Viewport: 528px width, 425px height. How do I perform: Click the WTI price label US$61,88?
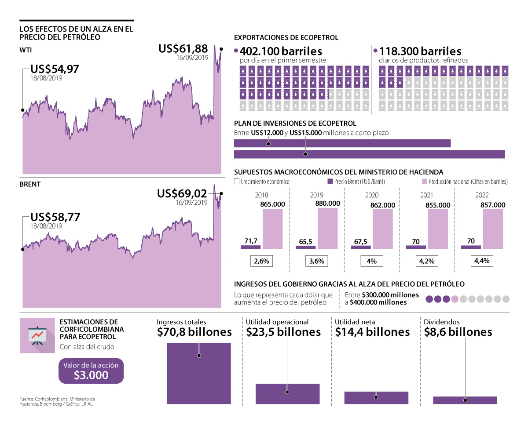[183, 49]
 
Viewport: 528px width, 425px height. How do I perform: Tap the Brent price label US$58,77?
[55, 217]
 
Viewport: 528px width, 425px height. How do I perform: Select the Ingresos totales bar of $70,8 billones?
[199, 373]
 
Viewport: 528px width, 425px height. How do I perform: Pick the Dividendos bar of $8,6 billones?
[465, 400]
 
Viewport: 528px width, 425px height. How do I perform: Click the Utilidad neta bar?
[376, 397]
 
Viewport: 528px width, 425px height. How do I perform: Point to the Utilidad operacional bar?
[287, 393]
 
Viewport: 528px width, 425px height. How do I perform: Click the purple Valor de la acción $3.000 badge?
[91, 371]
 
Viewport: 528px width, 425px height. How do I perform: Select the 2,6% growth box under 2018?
[261, 261]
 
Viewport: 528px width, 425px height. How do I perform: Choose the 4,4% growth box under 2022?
[482, 261]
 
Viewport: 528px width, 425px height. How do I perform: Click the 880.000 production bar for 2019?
[328, 228]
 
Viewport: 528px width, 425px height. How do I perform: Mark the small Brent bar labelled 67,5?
[360, 247]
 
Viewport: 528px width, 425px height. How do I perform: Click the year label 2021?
[426, 195]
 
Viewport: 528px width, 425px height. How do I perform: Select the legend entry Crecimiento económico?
[262, 181]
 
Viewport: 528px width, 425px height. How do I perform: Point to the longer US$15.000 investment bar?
[369, 154]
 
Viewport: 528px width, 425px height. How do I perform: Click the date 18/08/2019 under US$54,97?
[46, 78]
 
